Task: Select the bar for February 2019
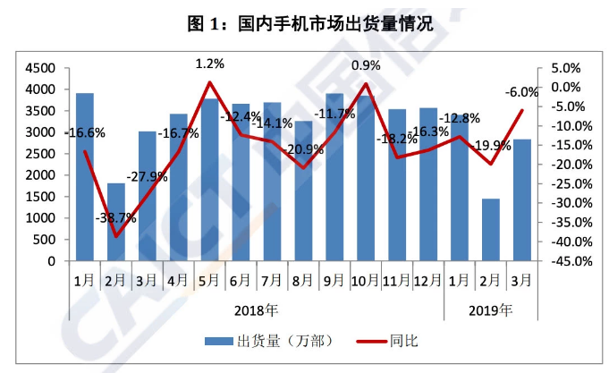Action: [491, 230]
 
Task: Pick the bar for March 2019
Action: [522, 200]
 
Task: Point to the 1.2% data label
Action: [209, 64]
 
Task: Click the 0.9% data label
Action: [366, 65]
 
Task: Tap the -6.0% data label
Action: [521, 91]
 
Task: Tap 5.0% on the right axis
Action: [565, 68]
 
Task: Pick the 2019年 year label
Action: [491, 310]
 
